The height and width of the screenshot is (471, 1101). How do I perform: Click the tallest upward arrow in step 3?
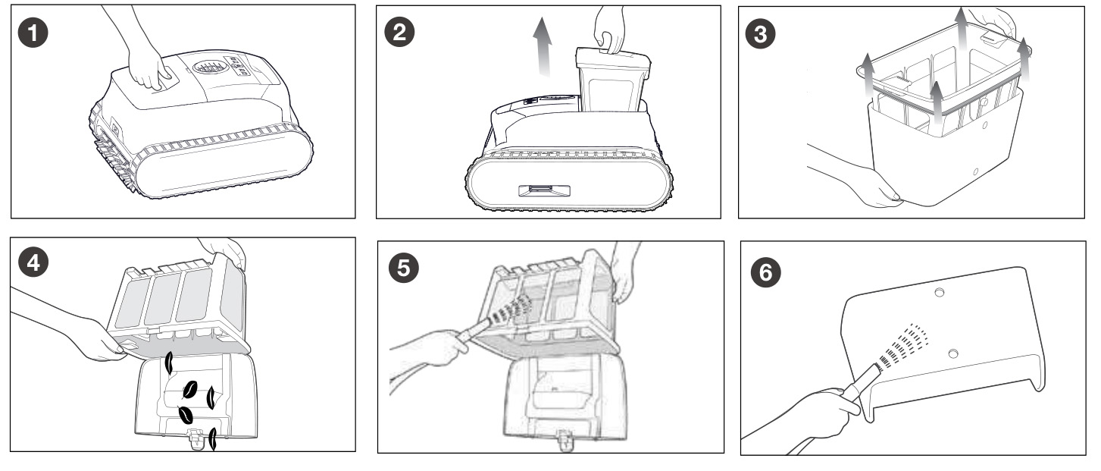click(x=960, y=46)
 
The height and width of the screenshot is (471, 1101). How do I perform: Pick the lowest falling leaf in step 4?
click(x=214, y=439)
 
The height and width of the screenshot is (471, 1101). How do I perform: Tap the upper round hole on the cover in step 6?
click(x=940, y=293)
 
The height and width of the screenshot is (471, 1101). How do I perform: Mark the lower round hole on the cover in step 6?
click(x=953, y=352)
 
